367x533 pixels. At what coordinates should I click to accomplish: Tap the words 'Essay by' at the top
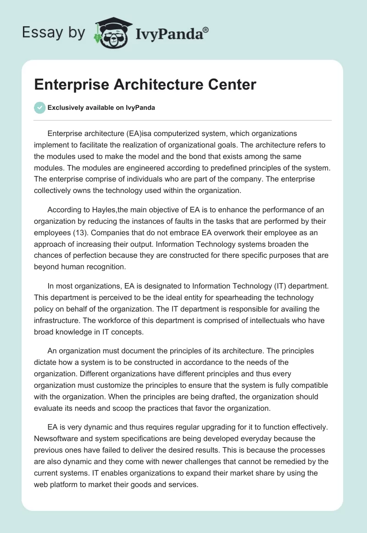(53, 33)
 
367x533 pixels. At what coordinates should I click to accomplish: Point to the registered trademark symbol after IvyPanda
(206, 29)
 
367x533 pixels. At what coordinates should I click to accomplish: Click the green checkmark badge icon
(39, 108)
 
